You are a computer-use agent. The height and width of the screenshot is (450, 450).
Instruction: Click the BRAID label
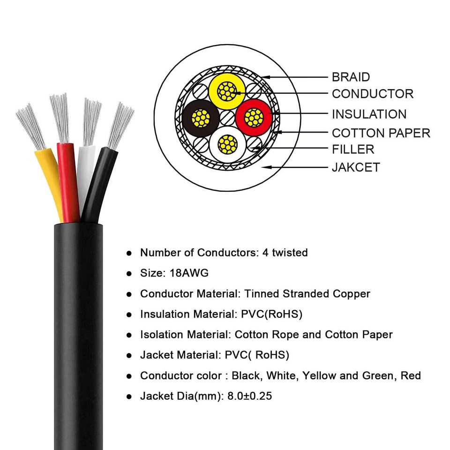351,77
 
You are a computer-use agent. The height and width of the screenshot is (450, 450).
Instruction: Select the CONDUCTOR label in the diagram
373,94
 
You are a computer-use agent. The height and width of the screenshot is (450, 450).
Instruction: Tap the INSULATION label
369,114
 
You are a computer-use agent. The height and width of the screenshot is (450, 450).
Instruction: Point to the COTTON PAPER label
381,133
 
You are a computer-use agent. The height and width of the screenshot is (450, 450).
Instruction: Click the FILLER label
353,150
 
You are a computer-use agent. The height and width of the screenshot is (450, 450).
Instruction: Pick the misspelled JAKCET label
356,167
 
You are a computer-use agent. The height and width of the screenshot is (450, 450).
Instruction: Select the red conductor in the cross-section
254,117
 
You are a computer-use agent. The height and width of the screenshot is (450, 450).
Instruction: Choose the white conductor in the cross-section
227,144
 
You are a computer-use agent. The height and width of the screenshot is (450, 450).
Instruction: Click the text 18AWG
195,273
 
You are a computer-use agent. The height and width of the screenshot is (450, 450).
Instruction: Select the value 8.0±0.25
249,396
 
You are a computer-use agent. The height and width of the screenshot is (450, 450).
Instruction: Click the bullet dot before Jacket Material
129,356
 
